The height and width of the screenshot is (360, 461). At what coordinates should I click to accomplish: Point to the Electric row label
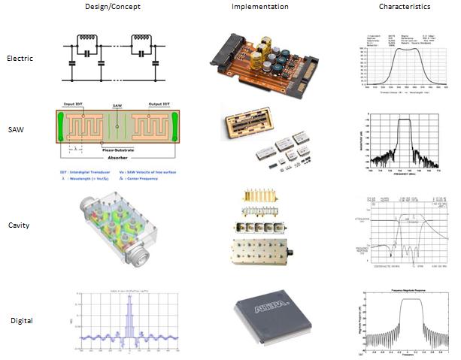(19, 57)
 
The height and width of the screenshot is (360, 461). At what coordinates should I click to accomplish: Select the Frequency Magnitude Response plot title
(403, 288)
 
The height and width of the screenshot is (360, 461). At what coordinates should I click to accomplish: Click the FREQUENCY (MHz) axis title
(405, 174)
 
